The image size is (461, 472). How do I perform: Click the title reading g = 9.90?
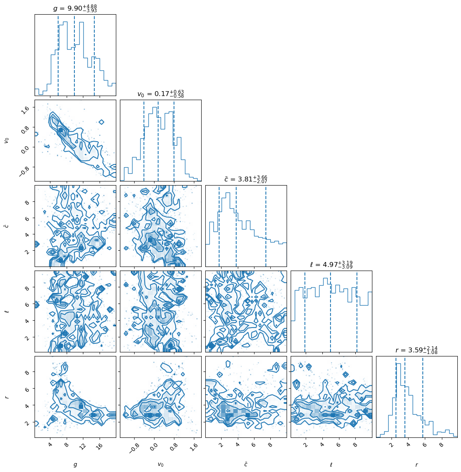pyautogui.click(x=75, y=9)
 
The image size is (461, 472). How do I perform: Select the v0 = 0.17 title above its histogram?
pyautogui.click(x=160, y=94)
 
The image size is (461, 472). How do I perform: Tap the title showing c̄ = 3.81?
pyautogui.click(x=246, y=179)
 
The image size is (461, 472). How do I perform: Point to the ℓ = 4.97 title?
pyautogui.click(x=331, y=265)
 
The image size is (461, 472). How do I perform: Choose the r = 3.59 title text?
pyautogui.click(x=416, y=350)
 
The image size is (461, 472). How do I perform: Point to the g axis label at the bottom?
pyautogui.click(x=75, y=465)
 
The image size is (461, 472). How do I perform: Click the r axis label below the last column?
pyautogui.click(x=416, y=465)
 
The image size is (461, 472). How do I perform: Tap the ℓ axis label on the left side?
pyautogui.click(x=7, y=311)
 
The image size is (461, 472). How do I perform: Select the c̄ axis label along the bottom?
pyautogui.click(x=246, y=464)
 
